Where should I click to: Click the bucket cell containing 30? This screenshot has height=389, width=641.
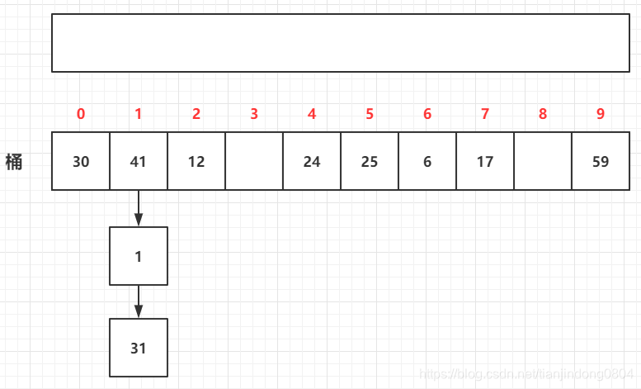click(81, 161)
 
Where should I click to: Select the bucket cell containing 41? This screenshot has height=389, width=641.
click(139, 161)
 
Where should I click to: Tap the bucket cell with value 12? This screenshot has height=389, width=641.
click(196, 161)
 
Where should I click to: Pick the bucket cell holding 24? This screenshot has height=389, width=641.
click(312, 161)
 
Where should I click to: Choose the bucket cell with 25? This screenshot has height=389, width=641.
click(370, 161)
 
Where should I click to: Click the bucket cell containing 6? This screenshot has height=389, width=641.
click(427, 161)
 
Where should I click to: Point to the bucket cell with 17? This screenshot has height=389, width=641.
click(485, 161)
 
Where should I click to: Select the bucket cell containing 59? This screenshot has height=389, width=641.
click(601, 161)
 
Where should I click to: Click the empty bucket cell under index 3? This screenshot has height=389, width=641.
click(254, 161)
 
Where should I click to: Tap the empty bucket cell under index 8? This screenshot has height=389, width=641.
click(543, 161)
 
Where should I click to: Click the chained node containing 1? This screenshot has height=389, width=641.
click(139, 256)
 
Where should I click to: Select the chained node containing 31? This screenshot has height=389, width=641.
click(139, 348)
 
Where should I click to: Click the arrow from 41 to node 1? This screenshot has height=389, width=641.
click(139, 208)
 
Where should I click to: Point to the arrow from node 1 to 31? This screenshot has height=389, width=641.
click(139, 301)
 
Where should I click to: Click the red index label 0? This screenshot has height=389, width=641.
click(81, 114)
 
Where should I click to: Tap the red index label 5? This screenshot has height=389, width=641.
click(370, 114)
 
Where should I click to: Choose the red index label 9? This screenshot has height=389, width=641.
click(601, 114)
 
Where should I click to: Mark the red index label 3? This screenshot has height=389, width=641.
click(254, 114)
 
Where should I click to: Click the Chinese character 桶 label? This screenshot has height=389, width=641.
click(14, 161)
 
